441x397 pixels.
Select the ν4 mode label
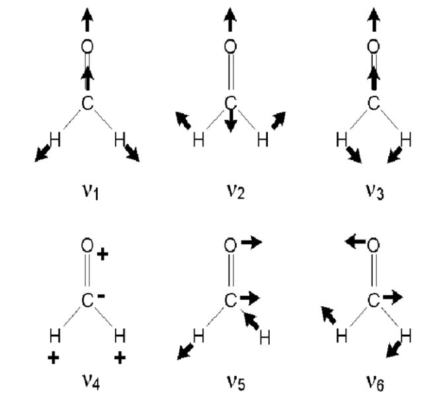(x=91, y=382)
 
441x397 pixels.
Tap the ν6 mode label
(x=375, y=382)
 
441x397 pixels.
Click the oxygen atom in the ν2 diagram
(x=230, y=46)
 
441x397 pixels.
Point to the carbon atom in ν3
(x=374, y=103)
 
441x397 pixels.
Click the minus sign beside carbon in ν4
(x=101, y=296)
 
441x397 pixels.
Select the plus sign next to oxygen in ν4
(x=102, y=254)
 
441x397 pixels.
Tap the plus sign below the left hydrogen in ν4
(x=54, y=358)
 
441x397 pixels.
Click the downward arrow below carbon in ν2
(x=231, y=120)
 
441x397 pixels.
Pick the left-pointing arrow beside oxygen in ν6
(x=355, y=242)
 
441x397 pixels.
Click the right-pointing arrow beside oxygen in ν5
(x=252, y=242)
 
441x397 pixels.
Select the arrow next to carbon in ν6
(x=393, y=297)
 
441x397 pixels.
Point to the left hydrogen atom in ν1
(x=55, y=140)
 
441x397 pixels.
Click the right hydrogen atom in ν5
(x=264, y=337)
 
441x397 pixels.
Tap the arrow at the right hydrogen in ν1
(x=132, y=153)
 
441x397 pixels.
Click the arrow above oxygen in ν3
(x=374, y=19)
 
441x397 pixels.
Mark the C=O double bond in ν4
(x=87, y=270)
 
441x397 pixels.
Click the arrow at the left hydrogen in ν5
(x=185, y=351)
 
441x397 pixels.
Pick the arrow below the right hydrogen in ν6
(x=394, y=349)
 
